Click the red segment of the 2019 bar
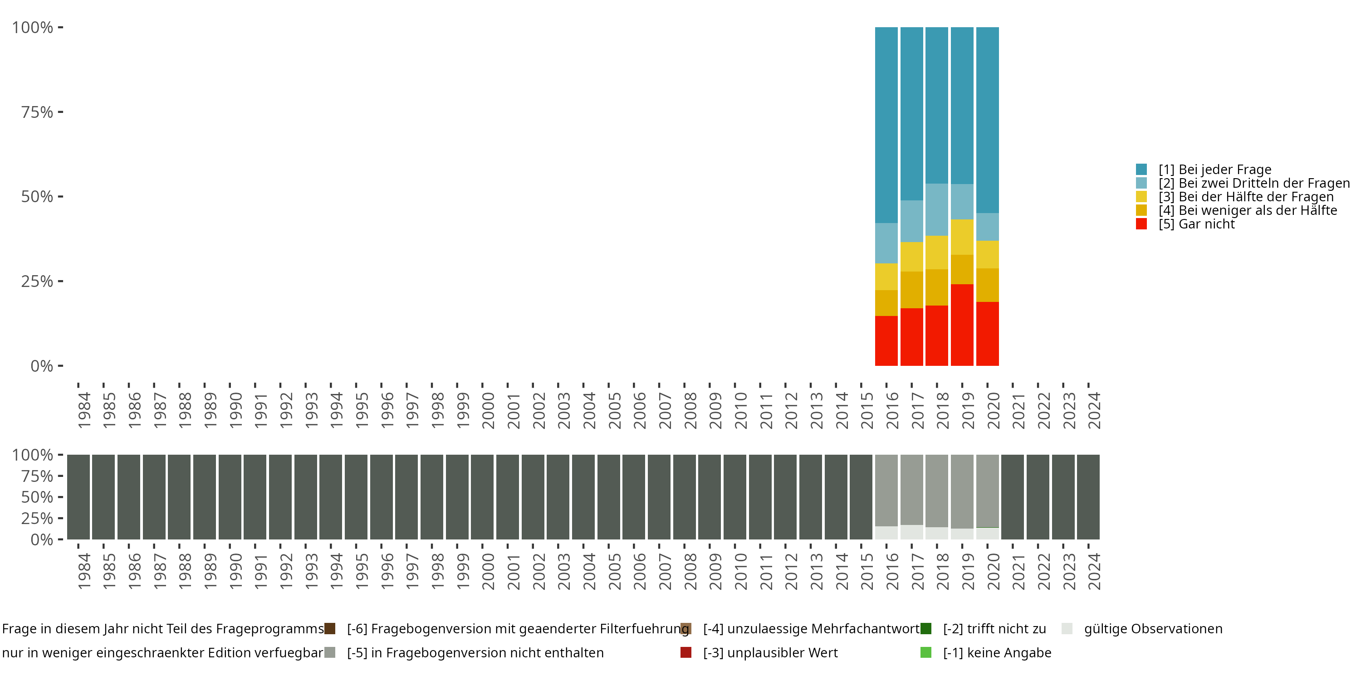tap(962, 325)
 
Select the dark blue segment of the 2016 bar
tap(886, 125)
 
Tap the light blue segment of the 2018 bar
tap(937, 209)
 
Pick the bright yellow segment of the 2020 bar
tap(988, 254)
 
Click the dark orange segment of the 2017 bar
tap(911, 290)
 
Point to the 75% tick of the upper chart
tap(61, 112)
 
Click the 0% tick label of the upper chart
tap(42, 366)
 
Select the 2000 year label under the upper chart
tap(488, 410)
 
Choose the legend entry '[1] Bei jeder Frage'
tap(1204, 170)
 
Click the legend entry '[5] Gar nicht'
tap(1185, 224)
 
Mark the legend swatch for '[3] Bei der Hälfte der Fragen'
tap(1141, 196)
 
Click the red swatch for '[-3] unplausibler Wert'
tap(686, 652)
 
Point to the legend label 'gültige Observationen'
tap(1153, 629)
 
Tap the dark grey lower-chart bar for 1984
tap(78, 497)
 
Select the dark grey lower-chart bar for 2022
tap(1038, 497)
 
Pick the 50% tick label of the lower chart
tap(37, 497)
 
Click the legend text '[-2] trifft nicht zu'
tap(994, 629)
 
